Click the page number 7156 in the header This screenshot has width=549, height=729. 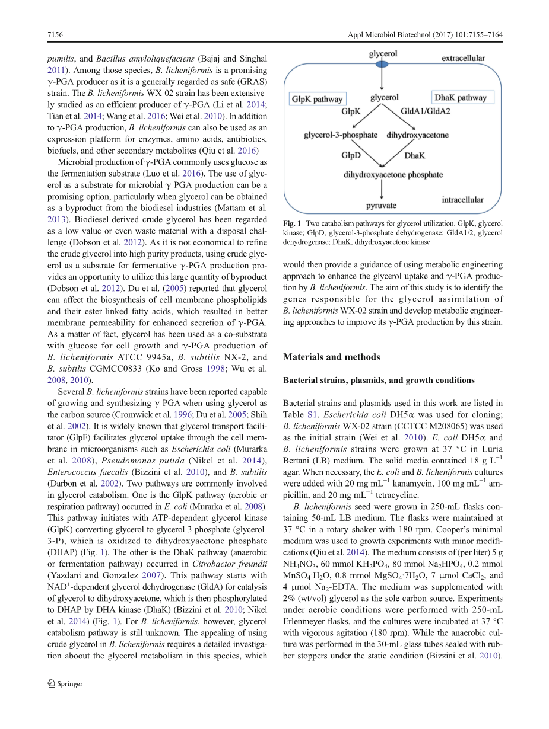click(x=55, y=35)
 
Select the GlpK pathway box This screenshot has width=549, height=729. click(x=316, y=98)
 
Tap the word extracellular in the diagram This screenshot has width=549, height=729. click(x=463, y=59)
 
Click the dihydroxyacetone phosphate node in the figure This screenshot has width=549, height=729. click(x=393, y=175)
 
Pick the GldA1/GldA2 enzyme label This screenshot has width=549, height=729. click(x=425, y=111)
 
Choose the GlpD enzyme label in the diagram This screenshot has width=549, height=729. click(x=351, y=155)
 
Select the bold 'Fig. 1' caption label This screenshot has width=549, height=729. click(x=293, y=223)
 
